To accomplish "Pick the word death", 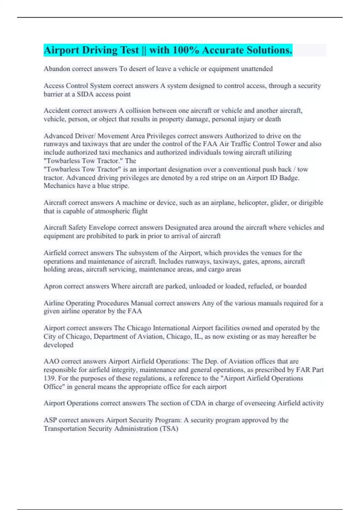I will tap(273, 119).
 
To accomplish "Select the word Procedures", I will tap(111, 303).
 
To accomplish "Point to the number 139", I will tap(49, 378).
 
